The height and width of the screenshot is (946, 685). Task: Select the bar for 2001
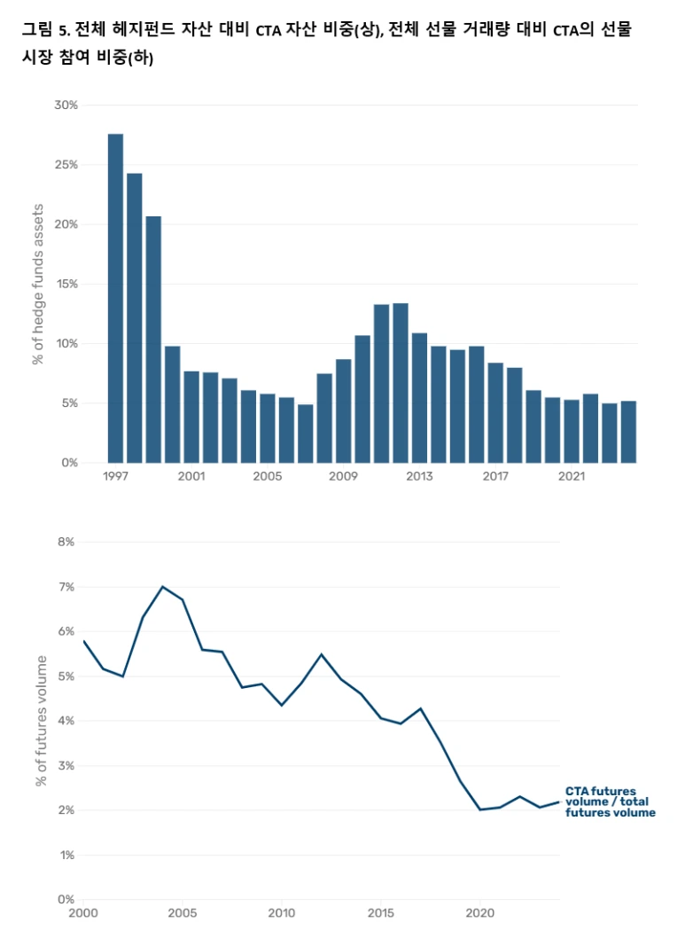(x=191, y=417)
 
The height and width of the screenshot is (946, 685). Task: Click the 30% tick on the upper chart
(x=66, y=106)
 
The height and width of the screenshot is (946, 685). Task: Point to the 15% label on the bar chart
(x=66, y=284)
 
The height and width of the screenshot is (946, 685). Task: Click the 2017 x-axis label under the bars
(x=495, y=477)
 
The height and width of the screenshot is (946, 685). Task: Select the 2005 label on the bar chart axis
(x=267, y=477)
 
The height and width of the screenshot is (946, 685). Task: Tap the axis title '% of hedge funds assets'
(x=38, y=284)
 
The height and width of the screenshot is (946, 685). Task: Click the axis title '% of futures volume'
(x=41, y=720)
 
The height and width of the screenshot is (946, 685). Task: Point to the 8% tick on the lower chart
(x=66, y=542)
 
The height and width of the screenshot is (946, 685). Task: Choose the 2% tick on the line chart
(x=66, y=810)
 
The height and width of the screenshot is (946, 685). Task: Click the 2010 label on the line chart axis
(x=282, y=913)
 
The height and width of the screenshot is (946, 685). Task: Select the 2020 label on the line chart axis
(x=479, y=913)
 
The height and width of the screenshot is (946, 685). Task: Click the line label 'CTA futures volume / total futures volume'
(x=610, y=801)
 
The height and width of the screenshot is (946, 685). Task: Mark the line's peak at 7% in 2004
(x=163, y=586)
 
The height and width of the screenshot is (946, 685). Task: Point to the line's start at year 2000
(x=83, y=641)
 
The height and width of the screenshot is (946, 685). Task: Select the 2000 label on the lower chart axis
(x=83, y=913)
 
